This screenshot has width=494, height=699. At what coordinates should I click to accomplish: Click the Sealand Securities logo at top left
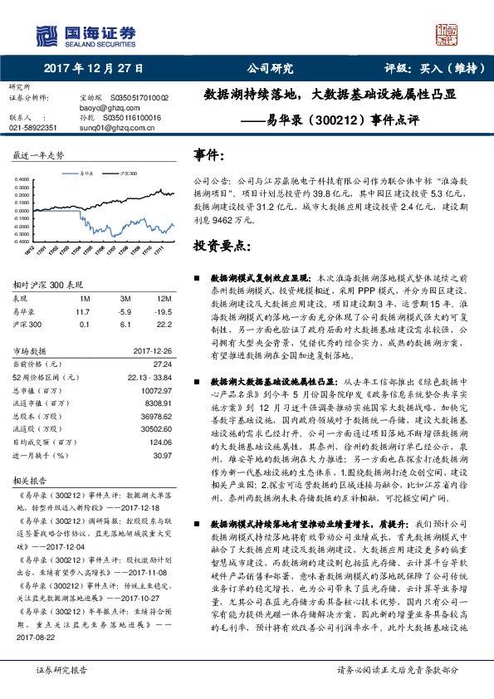coord(84,34)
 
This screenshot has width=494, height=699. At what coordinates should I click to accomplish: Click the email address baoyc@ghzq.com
coord(105,108)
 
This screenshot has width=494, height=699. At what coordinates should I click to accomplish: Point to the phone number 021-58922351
coord(33,128)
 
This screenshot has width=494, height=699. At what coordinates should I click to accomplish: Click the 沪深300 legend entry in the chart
coord(127,173)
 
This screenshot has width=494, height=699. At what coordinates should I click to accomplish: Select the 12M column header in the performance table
coord(164,298)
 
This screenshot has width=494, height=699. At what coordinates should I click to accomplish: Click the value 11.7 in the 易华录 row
coord(82,310)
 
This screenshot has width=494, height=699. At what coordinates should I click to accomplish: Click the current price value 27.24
coord(163,364)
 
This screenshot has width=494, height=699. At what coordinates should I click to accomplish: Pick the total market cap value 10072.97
coord(157,389)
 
